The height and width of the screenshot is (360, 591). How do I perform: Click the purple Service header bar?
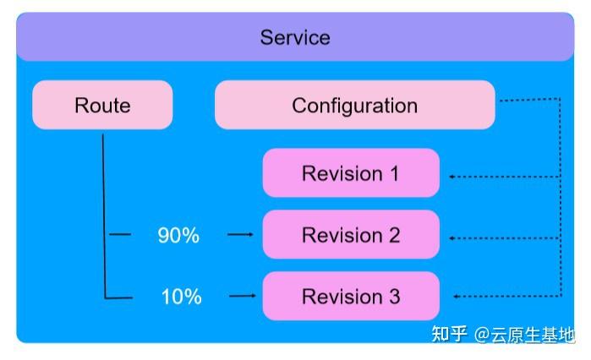click(295, 38)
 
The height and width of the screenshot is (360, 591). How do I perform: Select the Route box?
click(102, 106)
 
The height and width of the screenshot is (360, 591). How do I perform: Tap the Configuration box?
click(354, 106)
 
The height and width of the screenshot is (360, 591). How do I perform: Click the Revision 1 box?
click(350, 174)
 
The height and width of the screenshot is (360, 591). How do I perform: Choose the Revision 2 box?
click(350, 235)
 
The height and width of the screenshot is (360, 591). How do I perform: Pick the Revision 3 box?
click(350, 297)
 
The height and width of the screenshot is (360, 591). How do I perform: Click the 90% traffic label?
click(178, 236)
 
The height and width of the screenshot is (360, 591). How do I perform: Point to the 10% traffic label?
click(181, 297)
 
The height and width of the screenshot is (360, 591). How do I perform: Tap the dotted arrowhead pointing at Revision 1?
click(452, 176)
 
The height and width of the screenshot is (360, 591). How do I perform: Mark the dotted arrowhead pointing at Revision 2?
click(452, 238)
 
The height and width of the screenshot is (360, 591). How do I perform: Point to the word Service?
click(295, 38)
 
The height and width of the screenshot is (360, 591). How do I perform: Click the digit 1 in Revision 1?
click(393, 174)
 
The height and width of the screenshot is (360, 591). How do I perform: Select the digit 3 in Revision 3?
click(394, 297)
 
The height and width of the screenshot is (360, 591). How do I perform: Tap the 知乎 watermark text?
click(449, 335)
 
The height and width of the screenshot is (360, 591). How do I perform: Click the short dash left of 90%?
click(121, 235)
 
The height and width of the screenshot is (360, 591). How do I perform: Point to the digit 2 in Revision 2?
click(394, 235)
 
